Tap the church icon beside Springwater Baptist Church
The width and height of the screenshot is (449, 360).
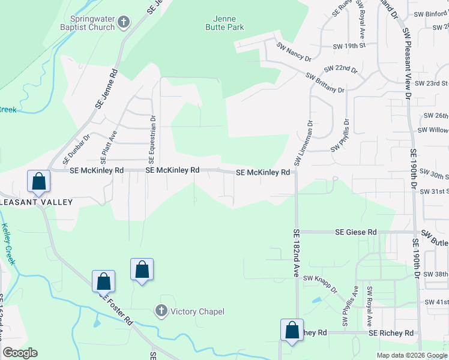(124, 23)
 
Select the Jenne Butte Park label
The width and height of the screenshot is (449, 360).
(224, 23)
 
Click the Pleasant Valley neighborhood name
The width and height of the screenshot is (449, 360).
(36, 202)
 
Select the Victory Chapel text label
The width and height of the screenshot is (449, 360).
(197, 311)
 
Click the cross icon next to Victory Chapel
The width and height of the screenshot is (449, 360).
(161, 311)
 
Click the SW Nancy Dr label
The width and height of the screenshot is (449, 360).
(294, 51)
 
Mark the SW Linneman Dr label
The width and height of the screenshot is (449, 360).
(303, 144)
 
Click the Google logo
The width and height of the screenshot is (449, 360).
(20, 353)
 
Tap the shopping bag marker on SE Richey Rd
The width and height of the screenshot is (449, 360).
(292, 331)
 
